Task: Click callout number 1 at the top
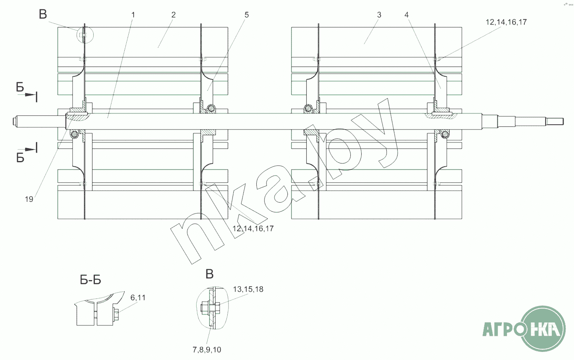(x=133, y=15)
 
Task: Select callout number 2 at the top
(x=174, y=15)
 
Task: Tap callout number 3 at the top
(x=379, y=15)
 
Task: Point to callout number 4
(x=406, y=15)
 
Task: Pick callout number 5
(x=247, y=15)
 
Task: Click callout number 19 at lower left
(x=29, y=199)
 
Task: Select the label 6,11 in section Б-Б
(x=138, y=297)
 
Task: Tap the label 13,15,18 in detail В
(x=248, y=289)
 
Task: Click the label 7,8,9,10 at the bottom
(x=207, y=350)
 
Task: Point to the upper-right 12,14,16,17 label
(x=506, y=22)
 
